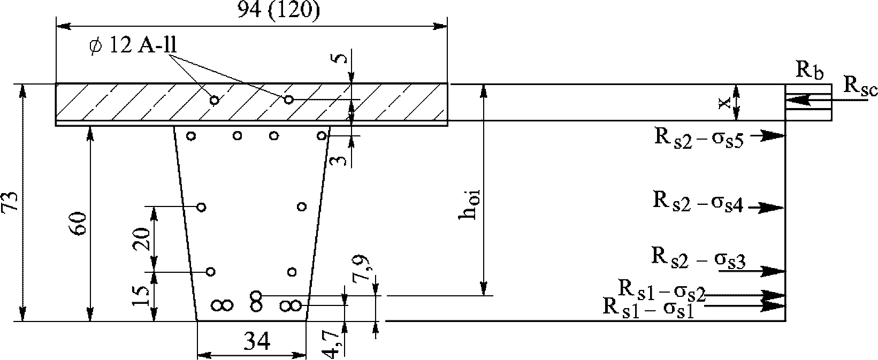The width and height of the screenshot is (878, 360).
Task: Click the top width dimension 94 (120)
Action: pos(279,11)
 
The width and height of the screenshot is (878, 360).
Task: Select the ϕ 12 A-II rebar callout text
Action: pos(133,45)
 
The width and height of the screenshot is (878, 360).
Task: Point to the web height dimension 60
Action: pos(79,224)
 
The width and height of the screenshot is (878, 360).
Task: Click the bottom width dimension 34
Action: pos(257,340)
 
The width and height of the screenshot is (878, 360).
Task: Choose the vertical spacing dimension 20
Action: pos(142,239)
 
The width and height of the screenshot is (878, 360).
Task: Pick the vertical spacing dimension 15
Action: pos(141,296)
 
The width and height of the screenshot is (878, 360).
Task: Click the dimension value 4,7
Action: pos(332,344)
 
